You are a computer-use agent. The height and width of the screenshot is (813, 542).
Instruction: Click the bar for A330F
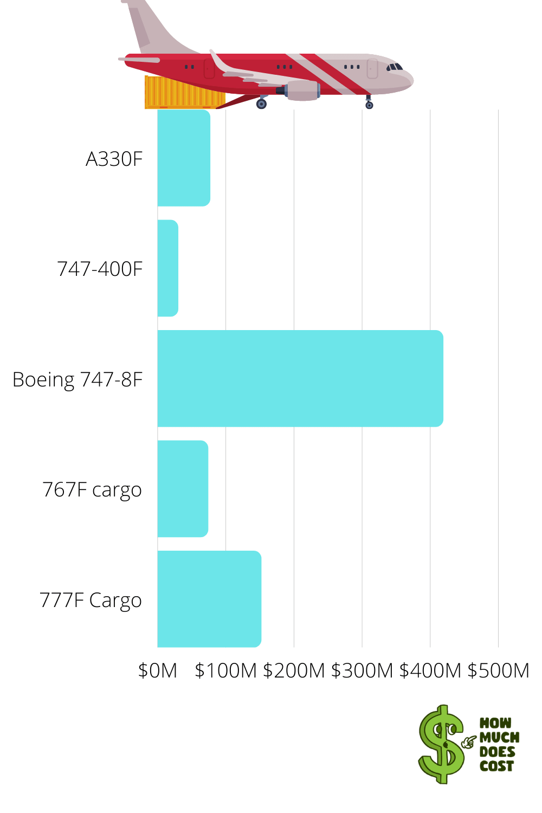click(184, 158)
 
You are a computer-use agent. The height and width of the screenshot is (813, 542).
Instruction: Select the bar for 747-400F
click(167, 268)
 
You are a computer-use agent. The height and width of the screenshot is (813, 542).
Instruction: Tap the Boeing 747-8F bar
click(300, 378)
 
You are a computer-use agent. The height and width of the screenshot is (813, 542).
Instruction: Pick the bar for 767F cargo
click(183, 489)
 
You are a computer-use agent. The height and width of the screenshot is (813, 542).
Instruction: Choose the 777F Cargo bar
click(209, 599)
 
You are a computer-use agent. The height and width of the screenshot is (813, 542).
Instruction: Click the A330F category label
click(114, 159)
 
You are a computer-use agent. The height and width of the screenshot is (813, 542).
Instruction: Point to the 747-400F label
click(100, 269)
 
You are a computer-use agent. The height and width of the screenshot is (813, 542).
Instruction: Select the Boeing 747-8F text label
click(78, 379)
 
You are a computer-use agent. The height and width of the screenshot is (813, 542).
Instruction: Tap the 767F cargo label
click(92, 490)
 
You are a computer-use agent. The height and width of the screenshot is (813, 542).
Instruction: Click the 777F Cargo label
click(91, 601)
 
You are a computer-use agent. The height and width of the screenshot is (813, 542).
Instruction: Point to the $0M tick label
click(158, 670)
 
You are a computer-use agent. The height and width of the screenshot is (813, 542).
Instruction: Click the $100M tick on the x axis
click(225, 670)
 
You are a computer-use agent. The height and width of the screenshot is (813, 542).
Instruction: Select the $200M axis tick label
click(294, 670)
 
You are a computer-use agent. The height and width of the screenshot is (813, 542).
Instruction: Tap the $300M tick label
click(362, 670)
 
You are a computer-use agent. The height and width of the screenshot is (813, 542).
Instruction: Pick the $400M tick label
click(430, 670)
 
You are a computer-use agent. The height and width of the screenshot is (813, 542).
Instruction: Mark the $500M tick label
click(498, 670)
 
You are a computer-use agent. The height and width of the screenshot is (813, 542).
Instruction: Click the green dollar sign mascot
click(442, 744)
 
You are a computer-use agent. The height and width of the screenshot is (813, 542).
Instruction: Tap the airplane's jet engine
click(301, 90)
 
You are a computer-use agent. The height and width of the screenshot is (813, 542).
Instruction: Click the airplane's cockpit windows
click(395, 67)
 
